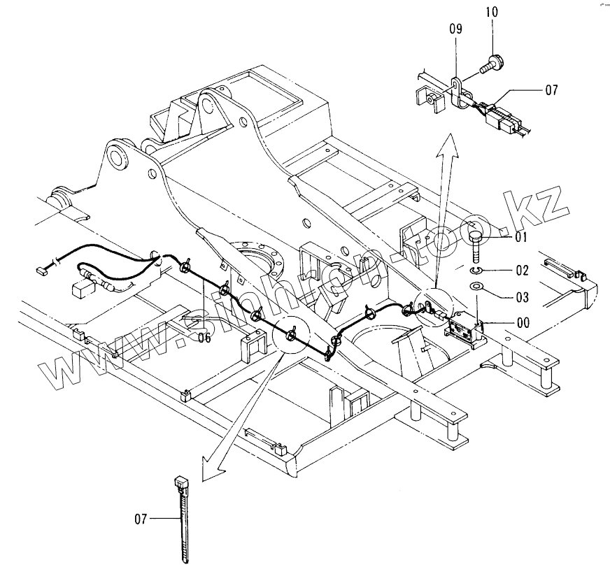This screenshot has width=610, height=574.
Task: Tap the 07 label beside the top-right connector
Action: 551,90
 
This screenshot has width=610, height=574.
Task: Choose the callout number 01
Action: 521,238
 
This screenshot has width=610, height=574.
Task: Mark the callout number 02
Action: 521,269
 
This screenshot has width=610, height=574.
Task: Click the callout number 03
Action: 521,296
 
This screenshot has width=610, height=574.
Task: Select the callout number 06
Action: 204,338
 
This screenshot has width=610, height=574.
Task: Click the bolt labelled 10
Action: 490,64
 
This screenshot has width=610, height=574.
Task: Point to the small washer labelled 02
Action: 475,269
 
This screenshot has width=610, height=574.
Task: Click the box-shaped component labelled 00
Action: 466,328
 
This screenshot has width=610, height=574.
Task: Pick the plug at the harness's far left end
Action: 41,266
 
